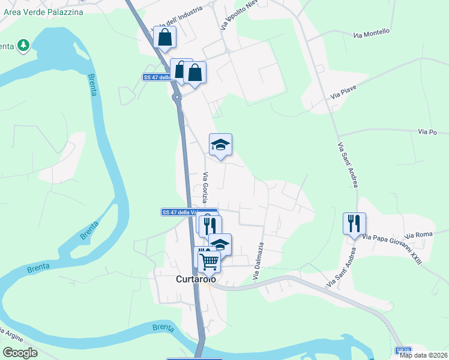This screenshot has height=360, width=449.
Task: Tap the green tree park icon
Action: [x=23, y=45]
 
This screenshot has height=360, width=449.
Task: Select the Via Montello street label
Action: [x=372, y=33]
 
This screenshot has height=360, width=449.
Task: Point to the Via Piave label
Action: [x=343, y=92]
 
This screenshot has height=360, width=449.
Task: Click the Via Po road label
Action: [x=426, y=131]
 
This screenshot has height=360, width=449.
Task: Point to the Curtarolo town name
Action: [x=195, y=280]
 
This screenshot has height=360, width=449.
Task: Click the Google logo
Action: [x=20, y=353]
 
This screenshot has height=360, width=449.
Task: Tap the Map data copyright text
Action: [x=424, y=355]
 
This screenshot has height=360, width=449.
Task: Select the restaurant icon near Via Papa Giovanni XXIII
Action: [x=354, y=224]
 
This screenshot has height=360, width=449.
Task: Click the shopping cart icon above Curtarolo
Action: [x=209, y=260]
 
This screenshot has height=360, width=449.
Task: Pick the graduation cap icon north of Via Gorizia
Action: [x=220, y=144]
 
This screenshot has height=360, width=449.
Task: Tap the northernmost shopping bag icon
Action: [x=164, y=37]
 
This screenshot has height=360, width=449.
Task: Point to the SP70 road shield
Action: [x=403, y=350]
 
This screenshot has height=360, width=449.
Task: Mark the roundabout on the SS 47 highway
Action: [x=176, y=96]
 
